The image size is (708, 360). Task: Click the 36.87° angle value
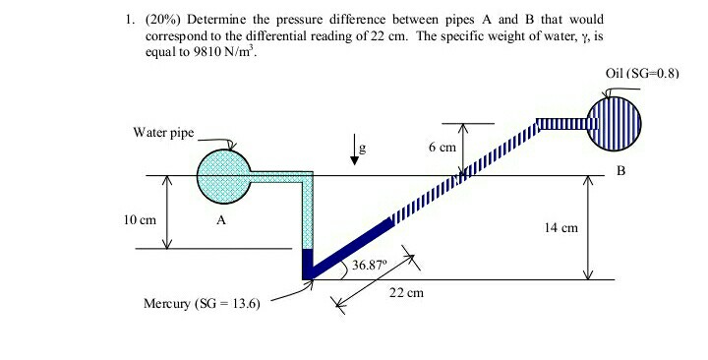(x=370, y=265)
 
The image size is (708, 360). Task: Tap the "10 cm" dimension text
(x=143, y=219)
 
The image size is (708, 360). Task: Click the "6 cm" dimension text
(x=442, y=147)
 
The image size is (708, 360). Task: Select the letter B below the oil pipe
(x=620, y=170)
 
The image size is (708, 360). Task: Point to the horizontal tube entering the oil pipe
(x=561, y=124)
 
